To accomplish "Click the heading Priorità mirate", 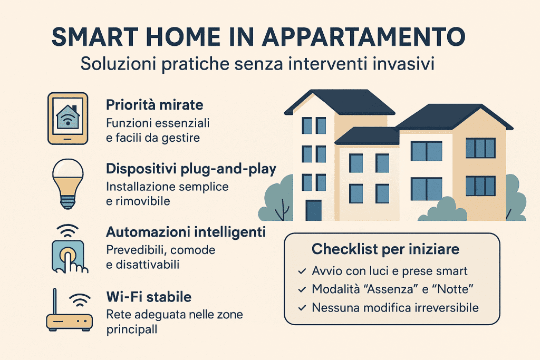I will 155,104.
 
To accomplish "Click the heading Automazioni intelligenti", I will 186,232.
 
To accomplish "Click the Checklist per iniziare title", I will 385,249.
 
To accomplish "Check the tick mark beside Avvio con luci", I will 301,271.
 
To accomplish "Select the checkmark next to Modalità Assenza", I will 301,289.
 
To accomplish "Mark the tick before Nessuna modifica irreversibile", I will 301,307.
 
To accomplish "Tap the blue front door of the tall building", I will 313,210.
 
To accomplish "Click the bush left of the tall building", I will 277,200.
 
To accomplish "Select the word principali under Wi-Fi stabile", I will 132,328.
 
